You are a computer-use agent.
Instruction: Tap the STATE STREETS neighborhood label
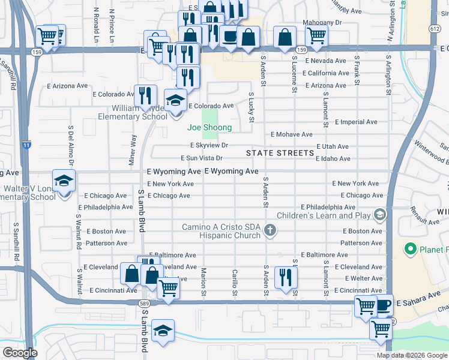click(280, 153)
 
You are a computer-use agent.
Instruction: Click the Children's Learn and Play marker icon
click(379, 214)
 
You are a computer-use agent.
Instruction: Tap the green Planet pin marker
click(411, 248)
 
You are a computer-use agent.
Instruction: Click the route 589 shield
click(145, 304)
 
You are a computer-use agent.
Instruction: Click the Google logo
click(20, 353)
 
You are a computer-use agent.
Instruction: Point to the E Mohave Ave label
click(292, 134)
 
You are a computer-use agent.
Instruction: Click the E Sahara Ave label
click(418, 298)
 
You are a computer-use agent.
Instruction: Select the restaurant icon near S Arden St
click(285, 277)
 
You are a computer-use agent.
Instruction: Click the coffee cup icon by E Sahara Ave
click(383, 305)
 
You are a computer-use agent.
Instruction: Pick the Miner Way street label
click(133, 148)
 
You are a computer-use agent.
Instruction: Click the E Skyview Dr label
click(209, 145)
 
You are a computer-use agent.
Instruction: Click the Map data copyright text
click(412, 355)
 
